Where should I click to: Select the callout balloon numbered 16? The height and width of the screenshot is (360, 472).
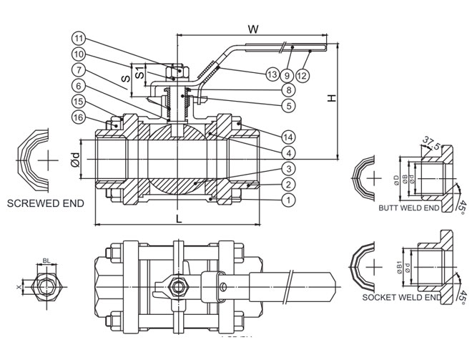tap(79, 117)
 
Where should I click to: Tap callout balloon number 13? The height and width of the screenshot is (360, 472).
tap(271, 74)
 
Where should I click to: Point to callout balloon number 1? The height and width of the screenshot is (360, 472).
tap(287, 200)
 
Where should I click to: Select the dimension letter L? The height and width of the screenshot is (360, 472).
tap(179, 218)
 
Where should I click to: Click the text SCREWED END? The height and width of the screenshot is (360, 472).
tap(45, 203)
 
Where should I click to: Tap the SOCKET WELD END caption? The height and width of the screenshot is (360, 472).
tap(402, 296)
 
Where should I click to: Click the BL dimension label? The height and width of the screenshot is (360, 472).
tap(46, 263)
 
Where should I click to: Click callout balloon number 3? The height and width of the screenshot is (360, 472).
tap(287, 168)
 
